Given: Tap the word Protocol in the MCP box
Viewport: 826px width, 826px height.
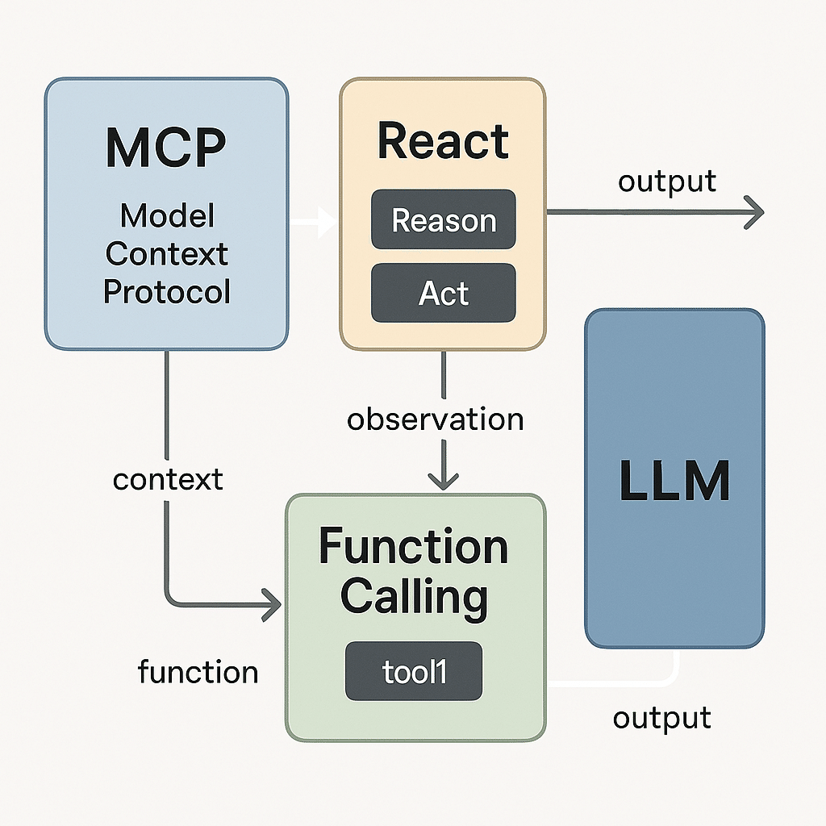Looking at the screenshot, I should tap(167, 291).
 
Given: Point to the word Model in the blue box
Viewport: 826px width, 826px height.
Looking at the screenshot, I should tap(167, 216).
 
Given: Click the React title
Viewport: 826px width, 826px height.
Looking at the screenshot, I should tap(443, 142).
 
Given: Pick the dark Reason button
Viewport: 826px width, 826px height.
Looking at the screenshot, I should tap(443, 219).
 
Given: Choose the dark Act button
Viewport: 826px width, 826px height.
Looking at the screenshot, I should tap(443, 294).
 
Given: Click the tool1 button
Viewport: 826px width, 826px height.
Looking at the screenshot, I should tap(413, 671).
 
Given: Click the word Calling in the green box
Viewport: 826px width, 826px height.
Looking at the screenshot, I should tap(413, 597).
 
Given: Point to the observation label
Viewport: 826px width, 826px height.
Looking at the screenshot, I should tap(436, 419).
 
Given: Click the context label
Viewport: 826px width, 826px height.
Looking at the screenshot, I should tap(168, 479).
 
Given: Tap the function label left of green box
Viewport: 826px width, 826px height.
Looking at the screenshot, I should tap(198, 671).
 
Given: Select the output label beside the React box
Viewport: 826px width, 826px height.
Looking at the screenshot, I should tap(667, 181).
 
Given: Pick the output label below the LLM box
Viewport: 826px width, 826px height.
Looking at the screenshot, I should tap(661, 717).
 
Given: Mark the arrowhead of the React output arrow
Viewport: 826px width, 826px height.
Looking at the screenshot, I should tap(754, 213).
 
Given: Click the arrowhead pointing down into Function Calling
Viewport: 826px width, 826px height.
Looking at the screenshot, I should tap(443, 481).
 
